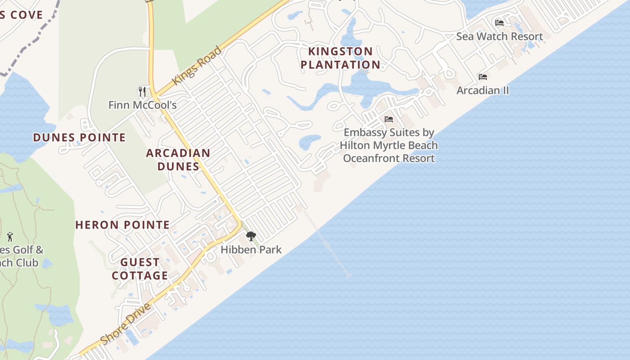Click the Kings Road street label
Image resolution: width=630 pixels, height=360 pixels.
[197, 65]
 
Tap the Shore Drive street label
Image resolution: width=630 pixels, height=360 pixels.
[126, 324]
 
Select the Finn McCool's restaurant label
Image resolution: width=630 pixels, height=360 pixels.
[142, 105]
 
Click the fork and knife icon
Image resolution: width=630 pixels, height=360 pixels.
[142, 92]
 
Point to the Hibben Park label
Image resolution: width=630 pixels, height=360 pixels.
[251, 249]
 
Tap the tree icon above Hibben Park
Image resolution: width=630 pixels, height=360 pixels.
[251, 236]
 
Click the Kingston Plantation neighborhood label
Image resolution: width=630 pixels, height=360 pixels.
[340, 58]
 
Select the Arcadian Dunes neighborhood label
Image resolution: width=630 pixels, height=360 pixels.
[178, 159]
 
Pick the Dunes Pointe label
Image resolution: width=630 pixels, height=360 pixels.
[79, 138]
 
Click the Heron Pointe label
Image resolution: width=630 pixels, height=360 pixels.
[122, 225]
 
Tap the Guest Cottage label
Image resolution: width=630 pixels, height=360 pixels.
[140, 269]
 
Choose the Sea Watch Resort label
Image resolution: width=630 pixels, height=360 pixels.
[499, 36]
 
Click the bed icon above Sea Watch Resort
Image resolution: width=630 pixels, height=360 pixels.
[499, 23]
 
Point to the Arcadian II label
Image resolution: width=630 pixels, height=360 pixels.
[482, 90]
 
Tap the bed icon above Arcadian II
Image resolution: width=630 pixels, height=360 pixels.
[483, 77]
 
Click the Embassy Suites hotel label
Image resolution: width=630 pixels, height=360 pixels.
[389, 145]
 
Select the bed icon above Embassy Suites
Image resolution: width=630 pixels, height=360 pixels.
[389, 119]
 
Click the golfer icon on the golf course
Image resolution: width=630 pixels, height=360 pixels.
[10, 236]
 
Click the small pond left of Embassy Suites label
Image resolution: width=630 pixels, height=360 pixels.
[310, 142]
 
